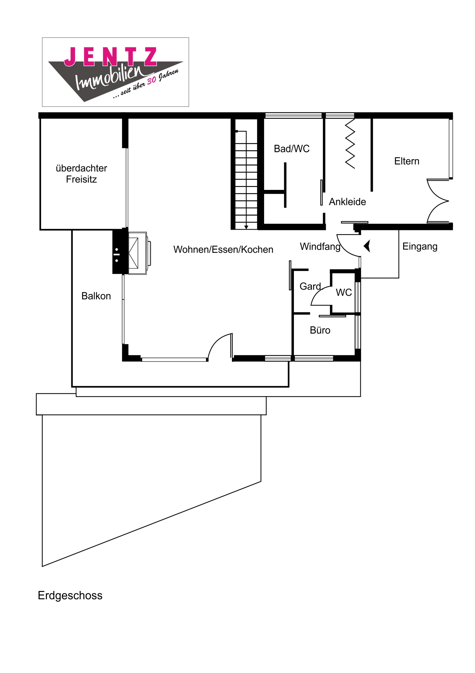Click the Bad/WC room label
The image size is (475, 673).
[x=292, y=149]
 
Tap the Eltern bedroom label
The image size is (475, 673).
[x=407, y=161]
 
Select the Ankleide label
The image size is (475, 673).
[x=347, y=202]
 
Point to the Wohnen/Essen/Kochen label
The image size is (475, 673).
[x=223, y=249]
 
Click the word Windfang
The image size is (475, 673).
[x=320, y=246]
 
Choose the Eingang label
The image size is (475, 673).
[x=420, y=246]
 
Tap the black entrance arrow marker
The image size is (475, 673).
[x=367, y=246]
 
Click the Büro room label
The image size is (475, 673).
[x=320, y=330]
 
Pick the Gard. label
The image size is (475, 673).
[x=311, y=286]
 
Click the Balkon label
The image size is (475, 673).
[x=96, y=296]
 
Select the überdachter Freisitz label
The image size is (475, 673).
[x=82, y=174]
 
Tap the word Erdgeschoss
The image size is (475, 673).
[x=70, y=596]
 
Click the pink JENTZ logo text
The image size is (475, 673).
[x=111, y=56]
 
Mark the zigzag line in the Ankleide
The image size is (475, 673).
[x=350, y=144]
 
